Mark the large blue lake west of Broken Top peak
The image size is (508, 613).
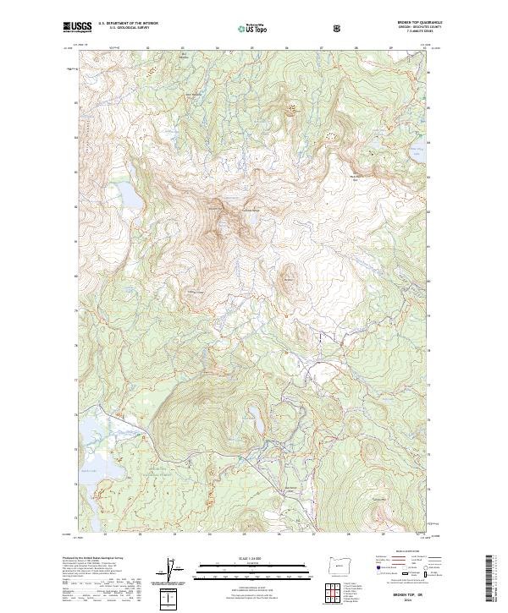pyautogui.click(x=130, y=199)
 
